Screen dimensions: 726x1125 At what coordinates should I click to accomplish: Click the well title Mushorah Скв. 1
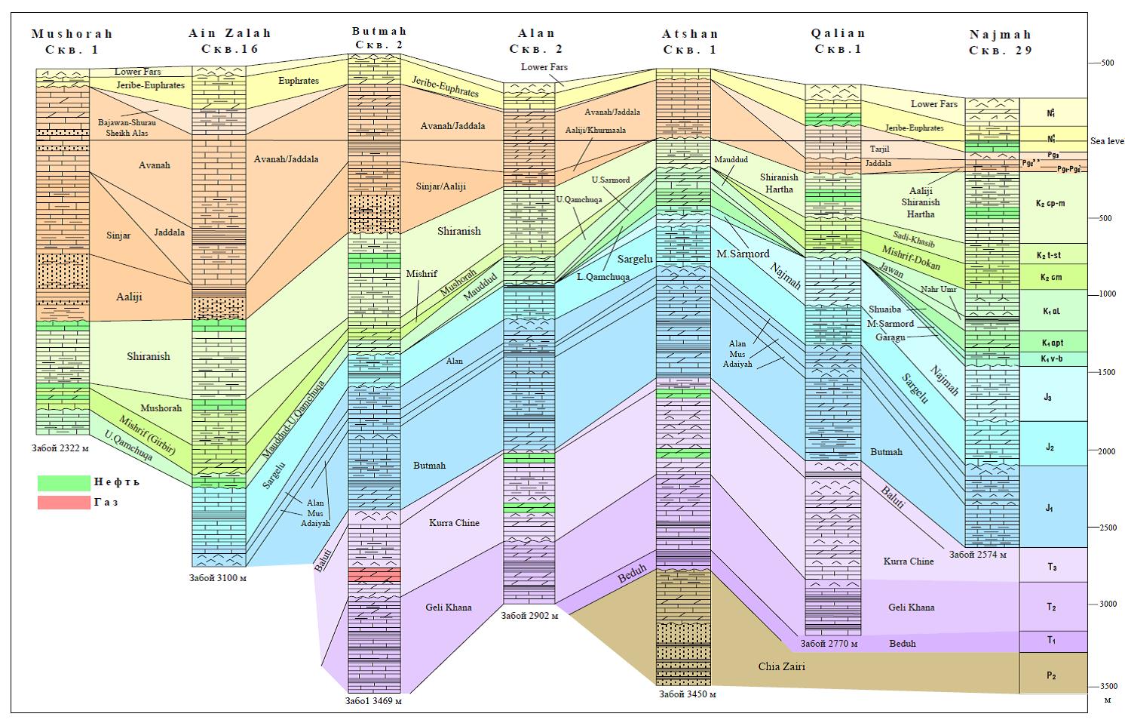72,42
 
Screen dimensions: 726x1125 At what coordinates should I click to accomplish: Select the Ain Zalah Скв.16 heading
229,42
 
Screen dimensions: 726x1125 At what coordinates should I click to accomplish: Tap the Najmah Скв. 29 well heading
1000,42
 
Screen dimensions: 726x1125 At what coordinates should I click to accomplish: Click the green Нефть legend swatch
63,482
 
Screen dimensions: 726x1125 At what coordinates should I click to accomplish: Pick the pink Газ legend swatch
63,502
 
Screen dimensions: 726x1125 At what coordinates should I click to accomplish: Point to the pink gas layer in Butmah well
374,575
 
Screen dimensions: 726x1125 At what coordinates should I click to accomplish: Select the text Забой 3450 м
687,694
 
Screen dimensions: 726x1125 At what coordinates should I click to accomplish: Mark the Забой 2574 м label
977,555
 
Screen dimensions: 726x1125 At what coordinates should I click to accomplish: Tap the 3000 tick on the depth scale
1106,604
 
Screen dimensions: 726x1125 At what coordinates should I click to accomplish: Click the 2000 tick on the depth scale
1106,451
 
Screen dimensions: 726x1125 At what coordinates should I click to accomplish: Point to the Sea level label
1107,141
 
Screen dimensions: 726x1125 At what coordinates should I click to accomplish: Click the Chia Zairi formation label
781,667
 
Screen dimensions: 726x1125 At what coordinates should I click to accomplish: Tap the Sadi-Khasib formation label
913,239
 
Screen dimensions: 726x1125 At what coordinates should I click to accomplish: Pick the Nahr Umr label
938,289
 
